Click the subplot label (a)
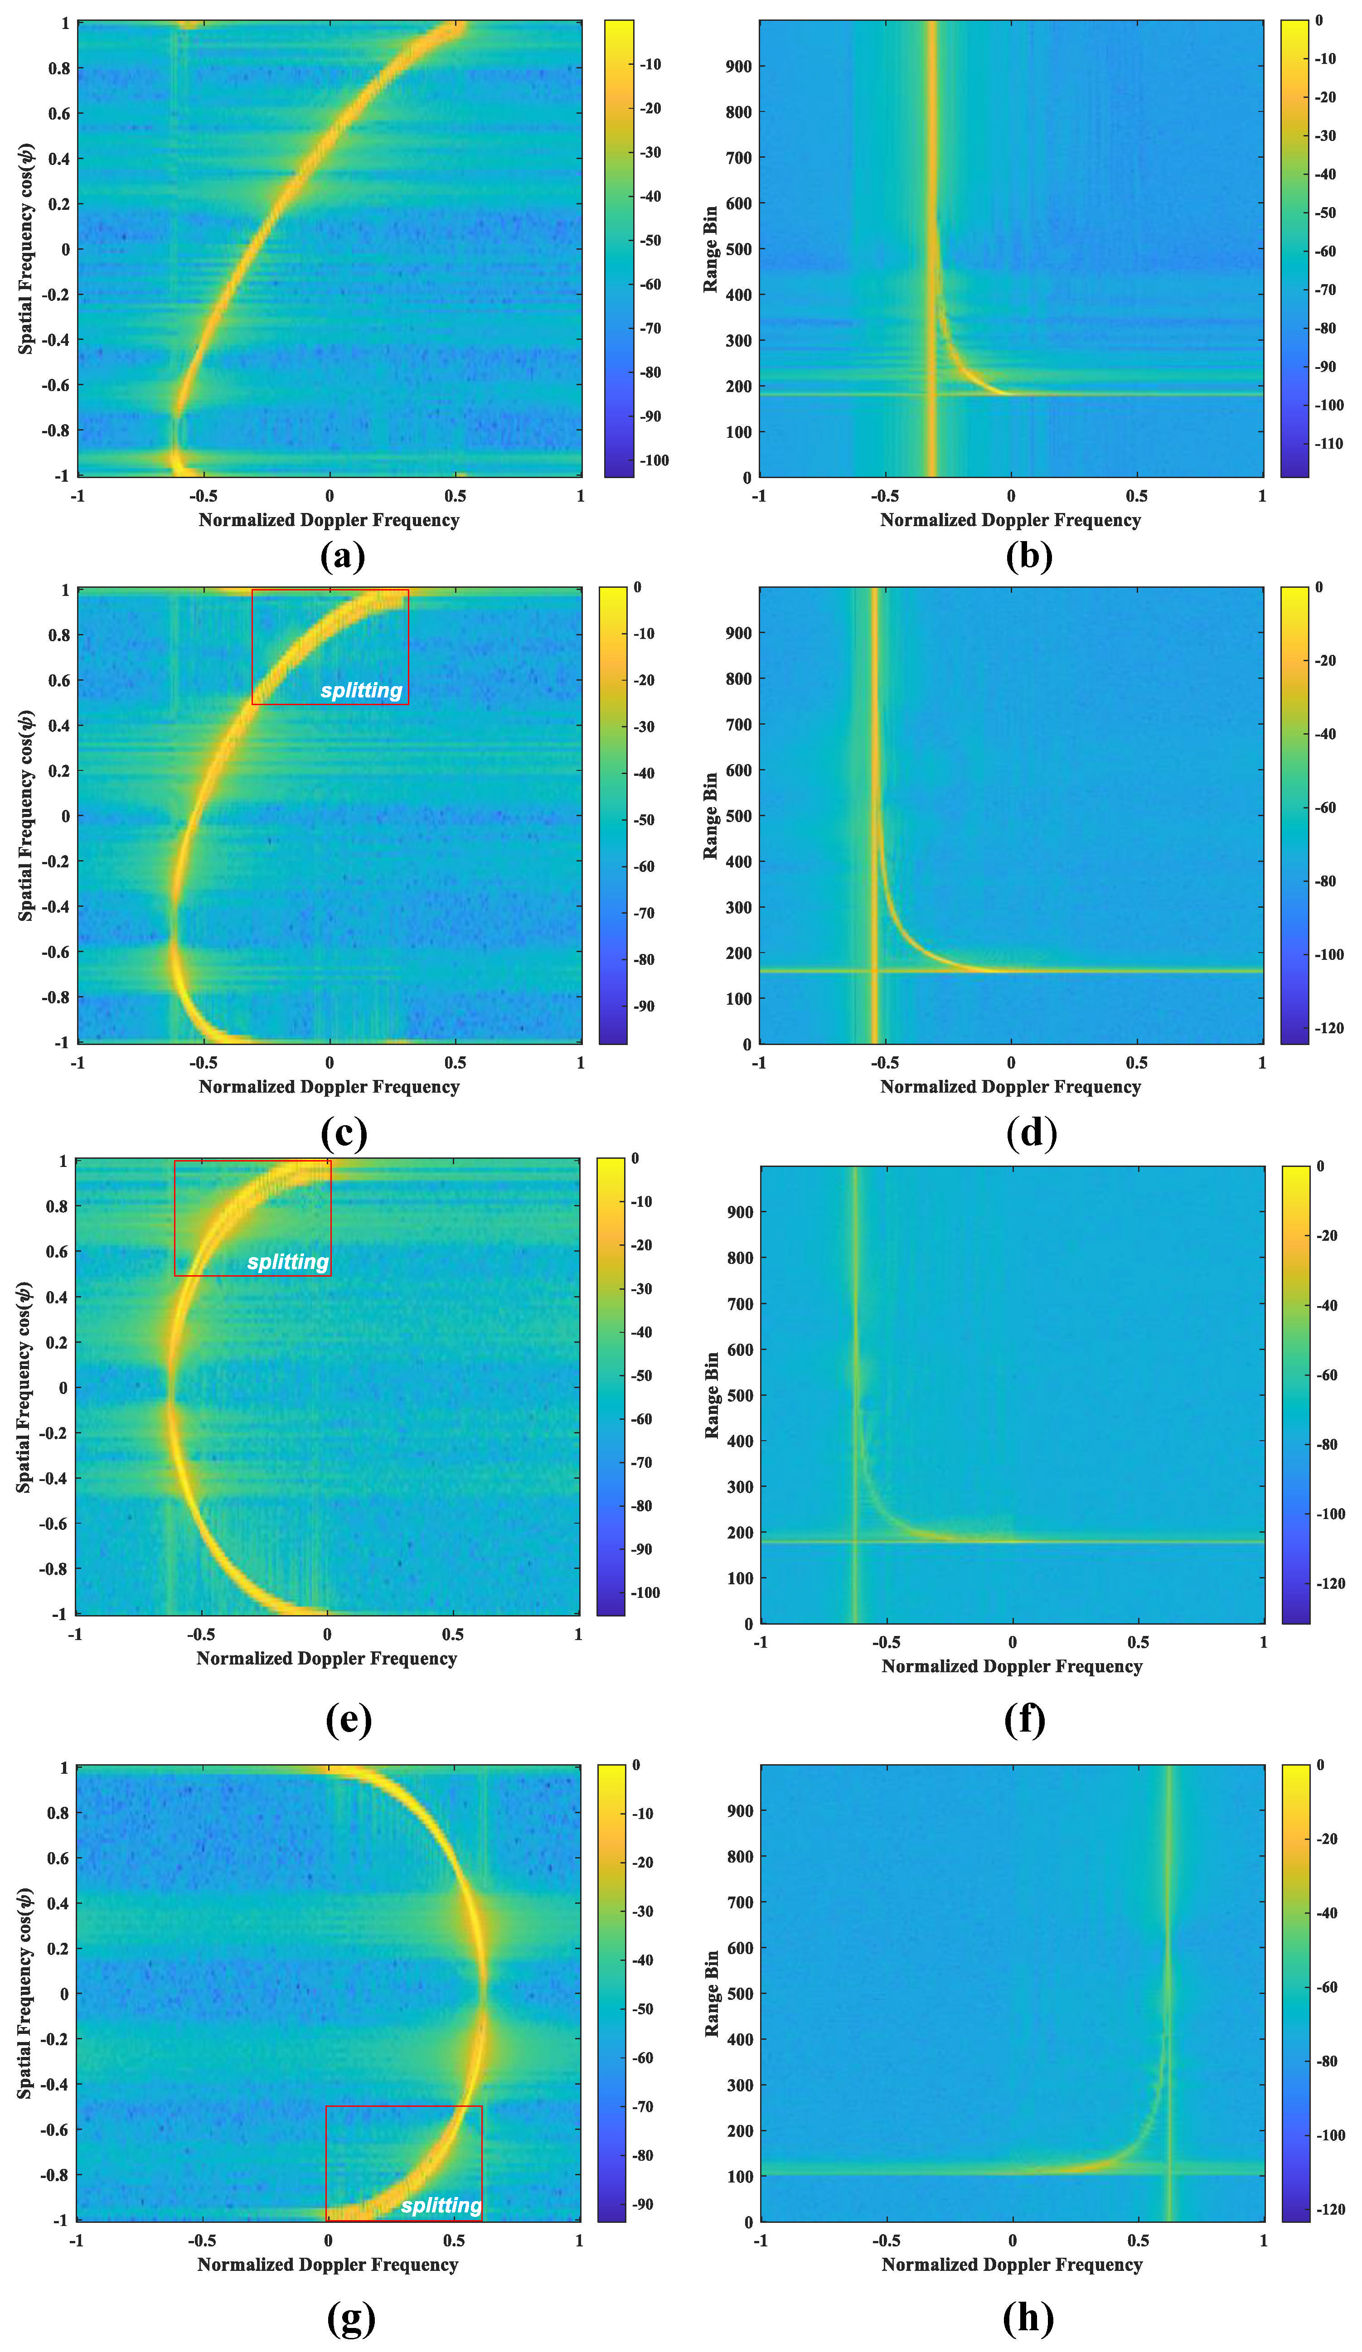pyautogui.click(x=343, y=557)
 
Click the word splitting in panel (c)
pyautogui.click(x=361, y=691)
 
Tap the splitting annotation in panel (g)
pyautogui.click(x=441, y=2206)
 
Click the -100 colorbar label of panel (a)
pyautogui.click(x=653, y=460)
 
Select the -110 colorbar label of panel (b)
pyautogui.click(x=1328, y=443)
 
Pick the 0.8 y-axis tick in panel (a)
pyautogui.click(x=59, y=68)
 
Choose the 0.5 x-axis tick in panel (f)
pyautogui.click(x=1138, y=1642)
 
